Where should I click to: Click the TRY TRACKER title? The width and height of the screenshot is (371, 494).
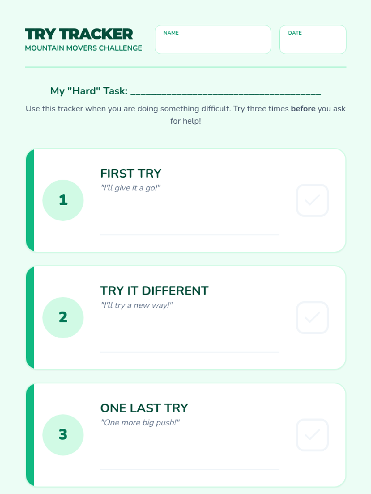click(79, 34)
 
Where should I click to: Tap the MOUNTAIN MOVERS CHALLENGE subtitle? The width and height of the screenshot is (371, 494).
click(83, 48)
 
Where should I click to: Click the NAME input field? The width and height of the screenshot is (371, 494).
click(213, 40)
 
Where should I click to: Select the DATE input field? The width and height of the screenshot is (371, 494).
click(313, 40)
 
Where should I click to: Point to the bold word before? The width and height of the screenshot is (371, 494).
click(303, 109)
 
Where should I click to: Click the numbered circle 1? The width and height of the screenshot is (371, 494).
click(63, 200)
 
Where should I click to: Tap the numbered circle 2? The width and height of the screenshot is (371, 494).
click(63, 318)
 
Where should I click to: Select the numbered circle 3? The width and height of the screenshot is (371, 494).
click(63, 435)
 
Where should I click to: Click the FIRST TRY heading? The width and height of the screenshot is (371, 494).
click(131, 174)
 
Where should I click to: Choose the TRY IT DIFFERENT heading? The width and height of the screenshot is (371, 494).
click(154, 291)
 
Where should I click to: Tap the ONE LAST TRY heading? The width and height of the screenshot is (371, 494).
click(144, 408)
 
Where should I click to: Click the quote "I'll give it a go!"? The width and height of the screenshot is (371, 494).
click(130, 188)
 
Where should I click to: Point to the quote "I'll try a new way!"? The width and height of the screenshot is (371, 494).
click(137, 305)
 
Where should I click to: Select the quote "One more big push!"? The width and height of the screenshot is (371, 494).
click(140, 423)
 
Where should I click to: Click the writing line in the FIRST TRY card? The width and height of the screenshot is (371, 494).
click(190, 235)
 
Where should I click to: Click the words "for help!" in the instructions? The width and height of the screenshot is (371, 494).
click(185, 121)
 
